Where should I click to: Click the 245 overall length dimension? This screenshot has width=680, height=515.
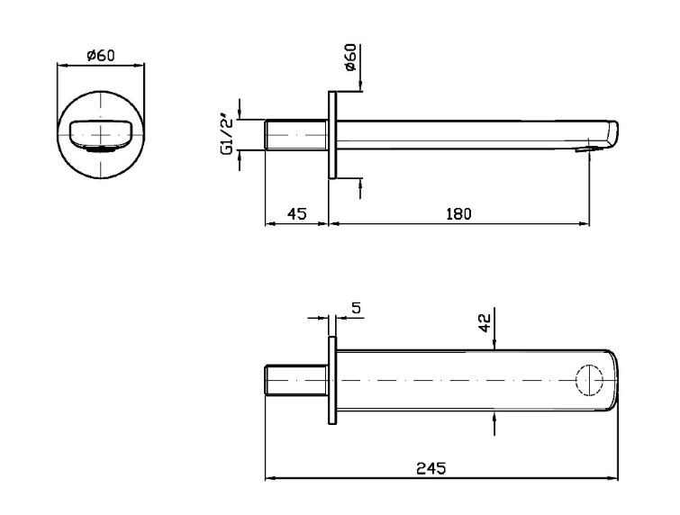point(431,468)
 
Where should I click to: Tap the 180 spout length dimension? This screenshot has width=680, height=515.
point(458,213)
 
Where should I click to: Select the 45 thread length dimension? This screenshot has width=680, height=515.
point(297,213)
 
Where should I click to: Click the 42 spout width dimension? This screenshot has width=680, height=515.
point(485,322)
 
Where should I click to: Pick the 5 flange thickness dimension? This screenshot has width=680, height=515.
point(356,308)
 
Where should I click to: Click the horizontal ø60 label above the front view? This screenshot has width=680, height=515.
point(101,56)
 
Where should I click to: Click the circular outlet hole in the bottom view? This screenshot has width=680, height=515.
point(589,380)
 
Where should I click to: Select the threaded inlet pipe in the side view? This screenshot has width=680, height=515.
point(296,135)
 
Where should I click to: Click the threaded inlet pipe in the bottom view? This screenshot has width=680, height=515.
point(296,380)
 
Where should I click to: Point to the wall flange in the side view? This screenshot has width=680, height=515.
point(332,135)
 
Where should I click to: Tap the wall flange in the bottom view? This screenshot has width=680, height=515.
point(332,380)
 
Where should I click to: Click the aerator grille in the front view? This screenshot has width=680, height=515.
point(101,149)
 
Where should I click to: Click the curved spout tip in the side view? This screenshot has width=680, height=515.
point(612,134)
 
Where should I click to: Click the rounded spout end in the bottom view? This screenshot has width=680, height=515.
point(612,380)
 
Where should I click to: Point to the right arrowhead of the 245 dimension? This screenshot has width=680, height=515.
point(614,479)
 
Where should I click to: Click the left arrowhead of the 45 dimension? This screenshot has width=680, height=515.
point(269,223)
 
